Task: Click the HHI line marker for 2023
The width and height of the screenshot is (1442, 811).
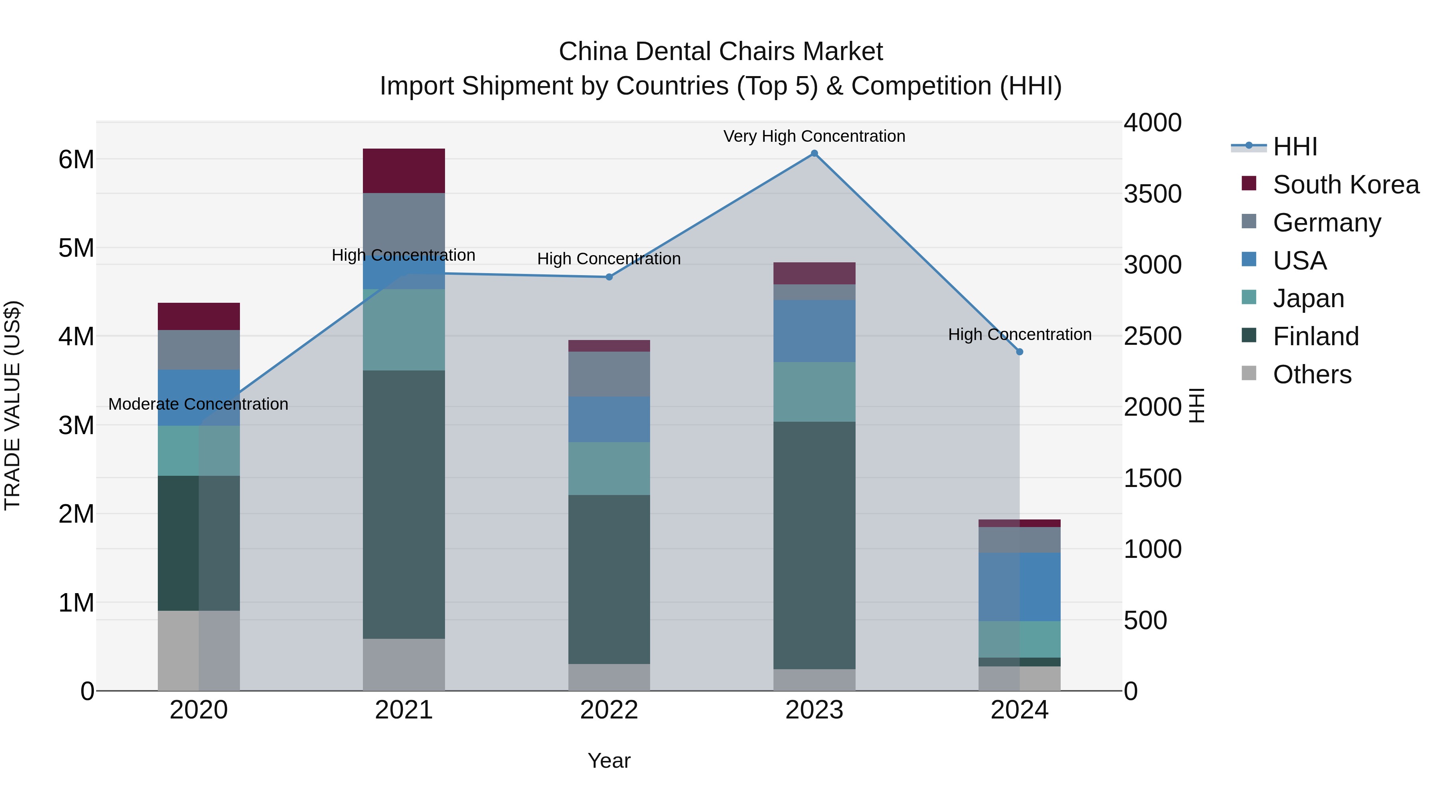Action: click(x=814, y=153)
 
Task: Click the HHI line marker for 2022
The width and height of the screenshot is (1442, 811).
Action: click(x=609, y=277)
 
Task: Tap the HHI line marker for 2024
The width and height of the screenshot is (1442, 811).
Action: click(x=1019, y=352)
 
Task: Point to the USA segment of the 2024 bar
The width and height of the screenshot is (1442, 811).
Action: click(x=1019, y=587)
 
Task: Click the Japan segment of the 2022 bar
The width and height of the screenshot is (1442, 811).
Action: click(x=609, y=469)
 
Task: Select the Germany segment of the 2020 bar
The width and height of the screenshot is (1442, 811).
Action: click(x=199, y=350)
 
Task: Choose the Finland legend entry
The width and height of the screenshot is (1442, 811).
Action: click(x=1315, y=336)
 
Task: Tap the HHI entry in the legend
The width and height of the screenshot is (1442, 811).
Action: click(x=1294, y=147)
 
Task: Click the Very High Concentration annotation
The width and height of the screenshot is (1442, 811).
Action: click(x=814, y=136)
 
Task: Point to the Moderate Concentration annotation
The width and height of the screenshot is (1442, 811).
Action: click(x=198, y=404)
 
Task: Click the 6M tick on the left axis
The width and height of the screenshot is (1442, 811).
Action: click(x=76, y=159)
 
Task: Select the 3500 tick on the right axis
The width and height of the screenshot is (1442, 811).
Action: click(x=1152, y=194)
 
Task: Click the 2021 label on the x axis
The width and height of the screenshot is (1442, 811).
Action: click(x=404, y=710)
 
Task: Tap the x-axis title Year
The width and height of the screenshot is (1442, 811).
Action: click(x=609, y=761)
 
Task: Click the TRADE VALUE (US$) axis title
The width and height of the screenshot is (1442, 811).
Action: click(x=12, y=405)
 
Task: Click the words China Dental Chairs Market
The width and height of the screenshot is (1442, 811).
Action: click(x=721, y=52)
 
